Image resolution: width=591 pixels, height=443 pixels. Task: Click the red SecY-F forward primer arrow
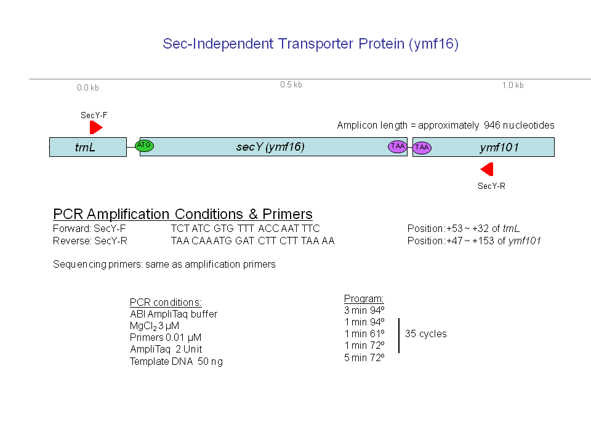coord(96,127)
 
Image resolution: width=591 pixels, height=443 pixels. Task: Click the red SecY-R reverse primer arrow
coord(486,169)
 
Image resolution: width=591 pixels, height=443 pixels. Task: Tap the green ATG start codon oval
coord(144,145)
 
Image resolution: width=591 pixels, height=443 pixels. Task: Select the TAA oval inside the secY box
coord(398,146)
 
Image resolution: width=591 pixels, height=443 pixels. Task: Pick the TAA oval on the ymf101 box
coord(422,147)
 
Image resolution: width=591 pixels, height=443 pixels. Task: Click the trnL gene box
coord(88,147)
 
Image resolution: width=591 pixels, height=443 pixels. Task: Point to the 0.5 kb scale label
coord(291,85)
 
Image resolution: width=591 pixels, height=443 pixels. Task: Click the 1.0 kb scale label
coord(513,85)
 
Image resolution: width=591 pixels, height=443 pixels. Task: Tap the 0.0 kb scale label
coord(88,88)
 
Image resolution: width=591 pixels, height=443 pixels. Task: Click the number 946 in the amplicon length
coord(492,125)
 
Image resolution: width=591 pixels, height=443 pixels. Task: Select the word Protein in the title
coord(381,44)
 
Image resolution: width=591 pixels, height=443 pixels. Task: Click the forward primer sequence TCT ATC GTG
coord(245,229)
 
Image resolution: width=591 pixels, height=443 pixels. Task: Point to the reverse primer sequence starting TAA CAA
coord(252,241)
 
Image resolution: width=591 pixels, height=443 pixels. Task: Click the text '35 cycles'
coord(426,333)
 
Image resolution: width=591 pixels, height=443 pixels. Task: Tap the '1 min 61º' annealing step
coord(364,333)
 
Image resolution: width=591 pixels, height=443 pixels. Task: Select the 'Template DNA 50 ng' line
coord(176,362)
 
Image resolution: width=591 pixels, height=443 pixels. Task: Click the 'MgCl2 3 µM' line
coord(154,326)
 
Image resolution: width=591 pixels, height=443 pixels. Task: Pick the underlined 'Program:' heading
coord(364,299)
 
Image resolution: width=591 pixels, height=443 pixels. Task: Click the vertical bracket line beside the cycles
coord(399,336)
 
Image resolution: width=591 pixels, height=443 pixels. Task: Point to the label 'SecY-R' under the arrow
coord(491,186)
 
